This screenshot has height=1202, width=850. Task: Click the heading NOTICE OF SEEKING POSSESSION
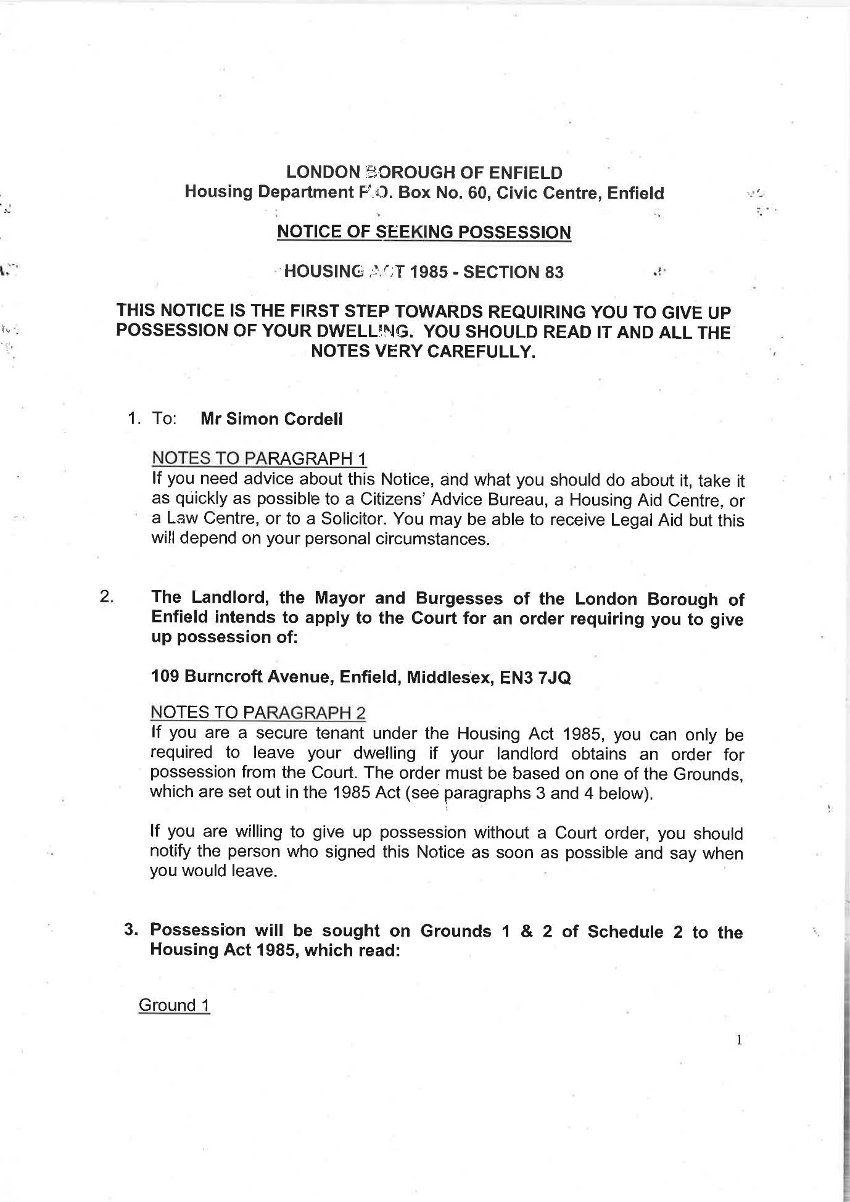click(x=424, y=232)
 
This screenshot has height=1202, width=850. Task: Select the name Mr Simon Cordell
click(x=271, y=419)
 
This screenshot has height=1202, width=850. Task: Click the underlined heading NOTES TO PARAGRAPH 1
click(x=259, y=458)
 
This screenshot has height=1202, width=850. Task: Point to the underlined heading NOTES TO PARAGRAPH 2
click(x=258, y=713)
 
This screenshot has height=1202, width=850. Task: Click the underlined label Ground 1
click(x=174, y=1005)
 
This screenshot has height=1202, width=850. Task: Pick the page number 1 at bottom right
click(x=738, y=1040)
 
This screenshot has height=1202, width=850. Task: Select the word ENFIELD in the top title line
click(x=524, y=173)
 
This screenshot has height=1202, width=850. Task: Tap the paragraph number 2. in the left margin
click(x=107, y=597)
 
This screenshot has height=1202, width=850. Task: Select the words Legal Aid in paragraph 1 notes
click(x=646, y=520)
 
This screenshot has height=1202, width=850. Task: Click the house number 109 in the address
click(x=165, y=677)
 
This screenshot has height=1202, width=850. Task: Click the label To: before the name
click(x=164, y=418)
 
